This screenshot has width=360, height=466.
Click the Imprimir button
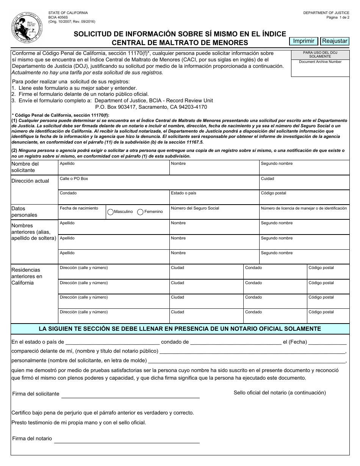pos(304,41)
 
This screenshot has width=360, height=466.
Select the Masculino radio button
pos(110,212)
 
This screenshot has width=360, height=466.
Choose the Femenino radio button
pos(140,212)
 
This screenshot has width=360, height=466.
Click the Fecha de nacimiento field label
pos(79,208)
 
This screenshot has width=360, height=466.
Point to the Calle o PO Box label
pos(74,178)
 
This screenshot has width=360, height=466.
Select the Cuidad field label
pos(268,178)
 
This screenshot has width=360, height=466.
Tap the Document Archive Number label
pos(320,62)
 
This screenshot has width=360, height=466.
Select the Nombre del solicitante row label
pos(25,167)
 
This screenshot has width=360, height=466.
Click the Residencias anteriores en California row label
pos(27,276)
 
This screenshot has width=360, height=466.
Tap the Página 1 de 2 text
pos(338,17)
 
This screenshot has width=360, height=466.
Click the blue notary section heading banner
pos(180,329)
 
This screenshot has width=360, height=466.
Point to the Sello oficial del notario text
pos(280,393)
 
